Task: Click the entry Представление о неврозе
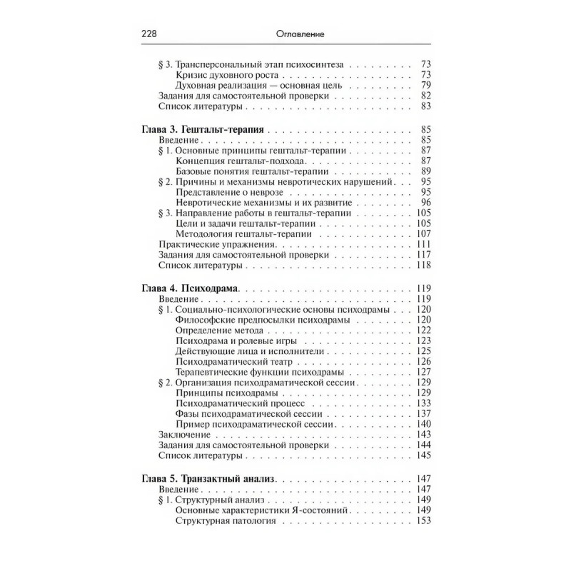(228, 193)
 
